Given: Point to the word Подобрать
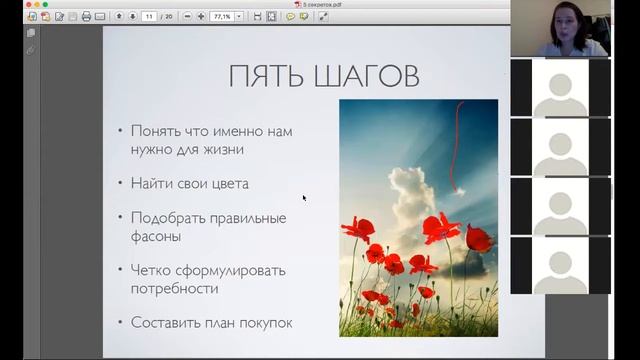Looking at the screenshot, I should [x=168, y=218].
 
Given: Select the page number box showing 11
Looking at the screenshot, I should [x=149, y=17].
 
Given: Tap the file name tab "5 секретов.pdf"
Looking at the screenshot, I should [x=320, y=4].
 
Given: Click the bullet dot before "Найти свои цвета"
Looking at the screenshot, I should [x=120, y=184].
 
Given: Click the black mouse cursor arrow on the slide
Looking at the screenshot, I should [x=304, y=197].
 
